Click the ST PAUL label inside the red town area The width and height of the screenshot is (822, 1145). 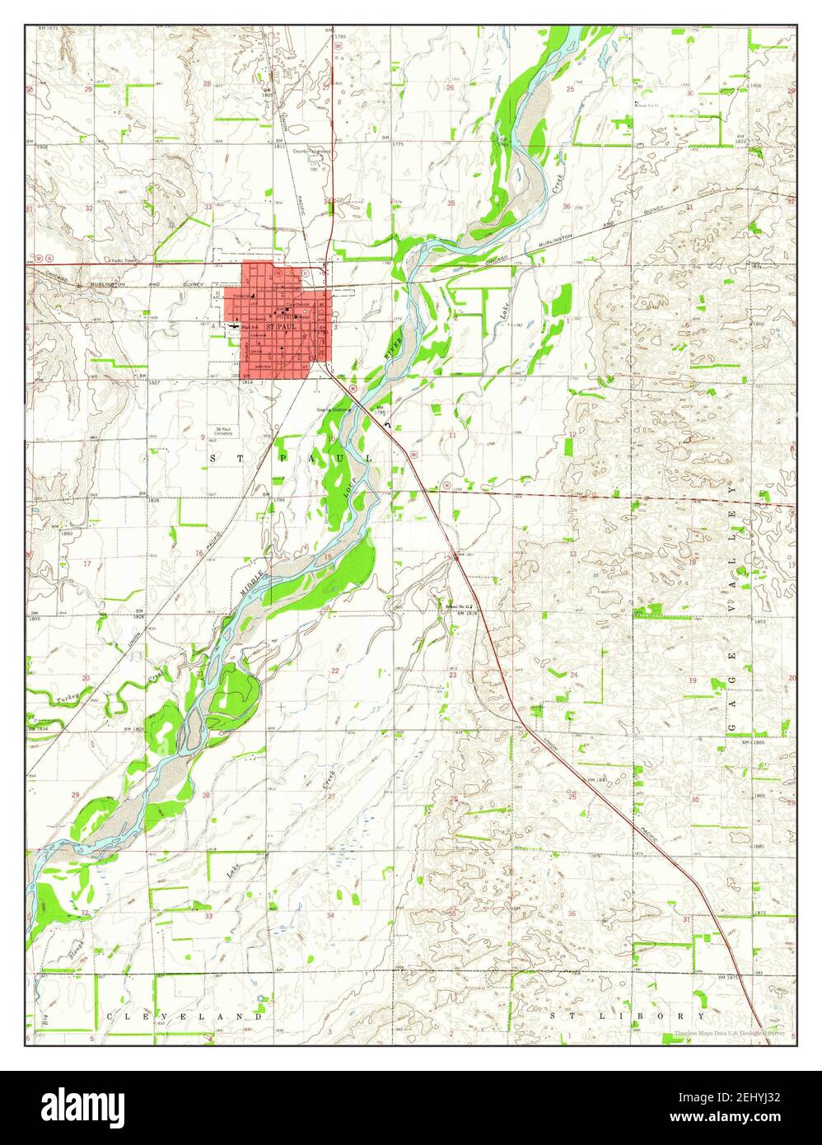coord(280,328)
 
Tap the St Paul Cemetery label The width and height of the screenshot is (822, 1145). coord(223,431)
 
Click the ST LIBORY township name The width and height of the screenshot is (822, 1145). coord(627,1016)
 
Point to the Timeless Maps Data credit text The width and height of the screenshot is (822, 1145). coord(729,1033)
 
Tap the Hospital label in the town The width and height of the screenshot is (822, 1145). coord(241,295)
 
